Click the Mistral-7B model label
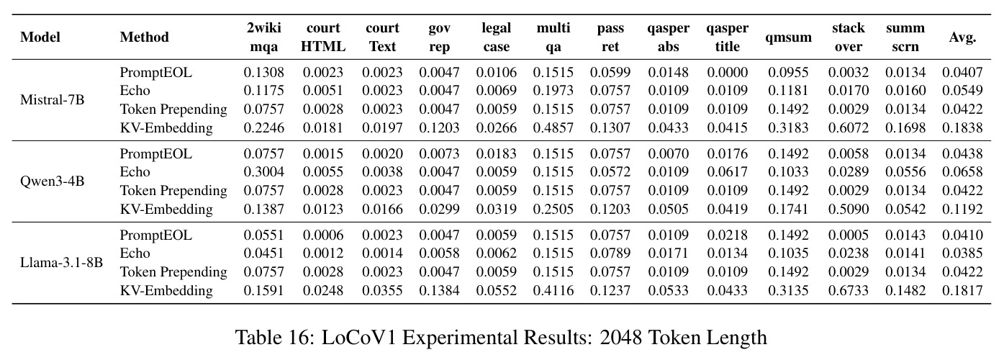pyautogui.click(x=52, y=99)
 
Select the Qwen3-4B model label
pyautogui.click(x=52, y=181)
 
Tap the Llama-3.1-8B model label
pyautogui.click(x=61, y=262)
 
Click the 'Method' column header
pyautogui.click(x=145, y=37)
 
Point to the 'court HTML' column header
pyautogui.click(x=323, y=37)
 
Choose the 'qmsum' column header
pyautogui.click(x=788, y=37)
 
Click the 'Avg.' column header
pyautogui.click(x=962, y=37)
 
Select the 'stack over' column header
pyautogui.click(x=848, y=37)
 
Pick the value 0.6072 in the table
pyautogui.click(x=848, y=127)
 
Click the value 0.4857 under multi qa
pyautogui.click(x=553, y=127)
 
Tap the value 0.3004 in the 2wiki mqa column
pyautogui.click(x=263, y=171)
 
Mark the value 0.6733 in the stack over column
pyautogui.click(x=848, y=290)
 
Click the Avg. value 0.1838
pyautogui.click(x=962, y=127)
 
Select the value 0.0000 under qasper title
pyautogui.click(x=727, y=72)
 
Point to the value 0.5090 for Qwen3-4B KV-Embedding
pyautogui.click(x=848, y=209)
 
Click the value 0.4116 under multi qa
pyautogui.click(x=553, y=290)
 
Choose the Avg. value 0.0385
pyautogui.click(x=962, y=253)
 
